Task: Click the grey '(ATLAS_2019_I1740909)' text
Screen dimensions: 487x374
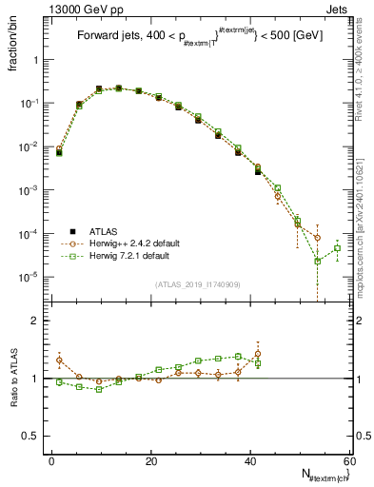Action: coord(198,284)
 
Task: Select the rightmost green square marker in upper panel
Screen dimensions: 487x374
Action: coord(337,248)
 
